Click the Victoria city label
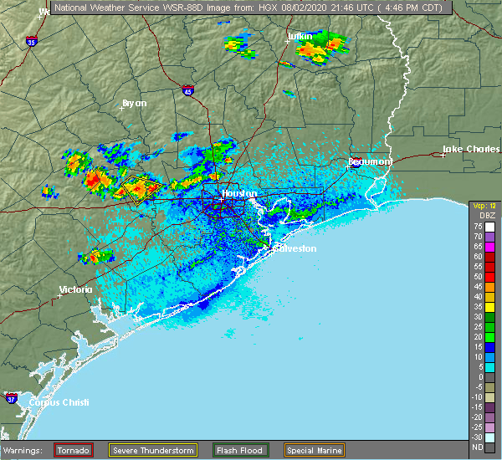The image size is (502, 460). coord(74,290)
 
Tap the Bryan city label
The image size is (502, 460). coord(134,104)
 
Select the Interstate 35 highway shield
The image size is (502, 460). coord(31,41)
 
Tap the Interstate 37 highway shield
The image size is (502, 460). coord(11,396)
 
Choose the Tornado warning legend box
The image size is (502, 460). coord(74,450)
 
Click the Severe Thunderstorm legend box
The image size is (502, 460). coord(152,450)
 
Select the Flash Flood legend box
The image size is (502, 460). coord(240,450)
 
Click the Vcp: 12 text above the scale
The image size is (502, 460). coord(484,206)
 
